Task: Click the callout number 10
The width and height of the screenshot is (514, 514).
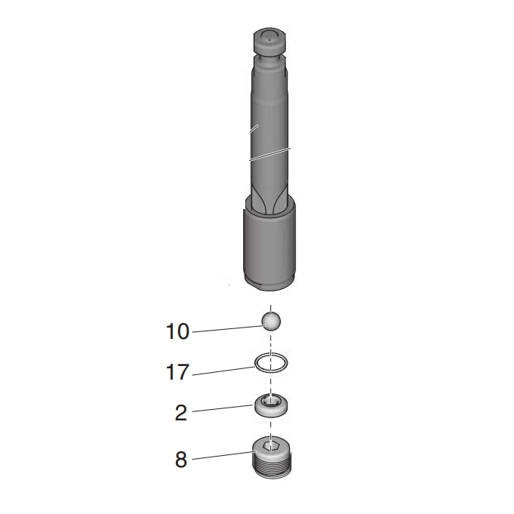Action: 178,331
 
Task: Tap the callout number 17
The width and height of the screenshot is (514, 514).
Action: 178,372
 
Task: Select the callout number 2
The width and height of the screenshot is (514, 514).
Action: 180,413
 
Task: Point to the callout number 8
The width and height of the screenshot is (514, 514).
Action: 181,460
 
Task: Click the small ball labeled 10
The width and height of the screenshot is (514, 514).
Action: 271,321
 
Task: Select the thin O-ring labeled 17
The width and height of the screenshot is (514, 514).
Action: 271,363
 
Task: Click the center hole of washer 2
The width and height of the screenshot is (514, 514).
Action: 271,402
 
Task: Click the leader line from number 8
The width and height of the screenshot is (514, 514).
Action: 223,455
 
